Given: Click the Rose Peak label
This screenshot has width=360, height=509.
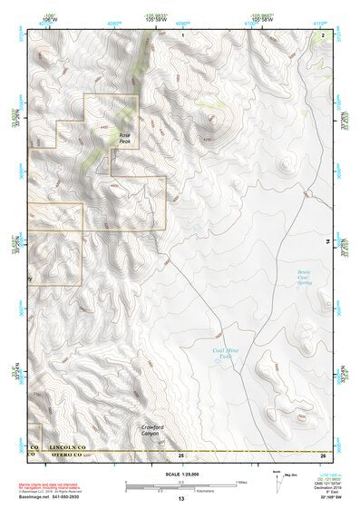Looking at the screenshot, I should (126, 138).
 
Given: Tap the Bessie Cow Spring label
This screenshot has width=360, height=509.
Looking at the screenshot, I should (308, 276).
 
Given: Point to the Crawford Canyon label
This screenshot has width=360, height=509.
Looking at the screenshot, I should (157, 430).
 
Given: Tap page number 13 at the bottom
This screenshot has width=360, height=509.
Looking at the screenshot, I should (181, 499).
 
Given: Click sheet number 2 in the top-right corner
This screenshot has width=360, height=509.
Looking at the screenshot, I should (323, 34).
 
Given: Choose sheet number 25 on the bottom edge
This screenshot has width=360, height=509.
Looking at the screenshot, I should (181, 454).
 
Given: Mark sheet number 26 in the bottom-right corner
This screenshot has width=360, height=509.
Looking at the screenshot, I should (323, 454).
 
